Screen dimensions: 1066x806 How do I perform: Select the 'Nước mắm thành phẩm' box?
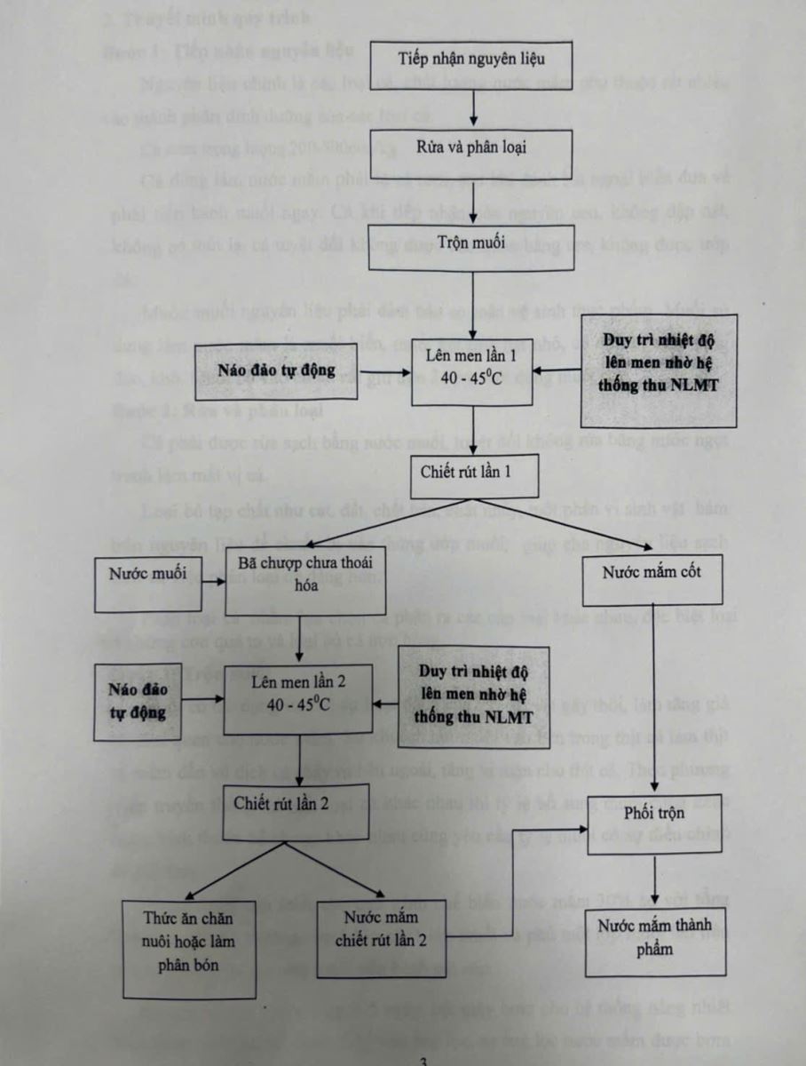pyautogui.click(x=653, y=939)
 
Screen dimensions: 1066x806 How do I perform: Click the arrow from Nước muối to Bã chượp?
pyautogui.click(x=211, y=584)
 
